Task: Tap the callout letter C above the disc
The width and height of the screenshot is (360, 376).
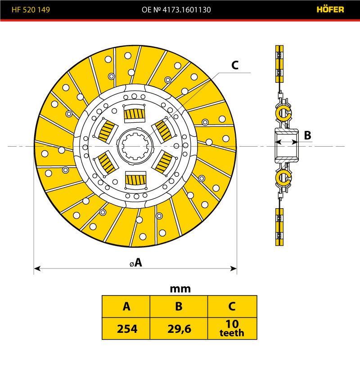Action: (234, 66)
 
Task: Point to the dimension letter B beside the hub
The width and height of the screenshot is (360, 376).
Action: (307, 135)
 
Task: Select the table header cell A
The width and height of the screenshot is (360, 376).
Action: (126, 307)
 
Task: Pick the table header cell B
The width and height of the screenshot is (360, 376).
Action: (179, 307)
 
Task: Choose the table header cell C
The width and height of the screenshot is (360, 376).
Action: (232, 307)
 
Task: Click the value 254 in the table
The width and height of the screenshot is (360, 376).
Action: (126, 329)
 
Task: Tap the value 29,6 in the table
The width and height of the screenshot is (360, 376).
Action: (179, 329)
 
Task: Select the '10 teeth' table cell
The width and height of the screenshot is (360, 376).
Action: (232, 329)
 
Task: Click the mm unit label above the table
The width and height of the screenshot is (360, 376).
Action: (180, 289)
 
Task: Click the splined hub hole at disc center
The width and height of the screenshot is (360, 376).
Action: (135, 146)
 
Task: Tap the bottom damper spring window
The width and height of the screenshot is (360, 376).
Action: (135, 179)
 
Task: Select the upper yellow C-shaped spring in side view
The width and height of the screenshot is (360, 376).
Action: (284, 113)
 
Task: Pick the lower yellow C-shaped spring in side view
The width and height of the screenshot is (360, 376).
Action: (284, 178)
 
